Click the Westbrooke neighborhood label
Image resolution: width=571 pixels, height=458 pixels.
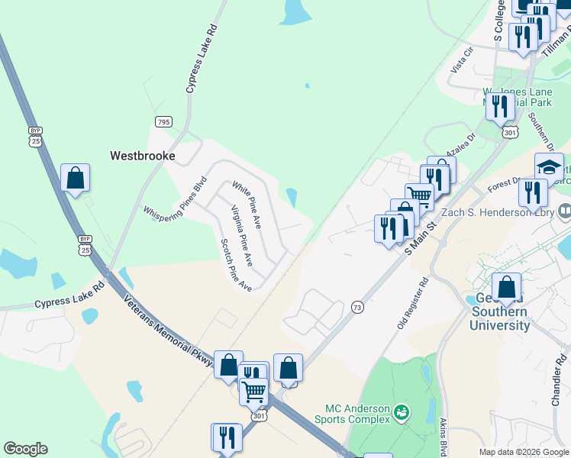(143, 156)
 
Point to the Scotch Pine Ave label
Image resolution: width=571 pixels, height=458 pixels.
(236, 265)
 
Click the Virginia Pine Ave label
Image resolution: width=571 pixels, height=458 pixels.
(242, 236)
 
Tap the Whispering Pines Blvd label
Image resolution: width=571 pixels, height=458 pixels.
(176, 199)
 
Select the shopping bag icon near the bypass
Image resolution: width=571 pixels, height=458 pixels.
(76, 178)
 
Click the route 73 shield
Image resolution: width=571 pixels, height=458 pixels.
(356, 307)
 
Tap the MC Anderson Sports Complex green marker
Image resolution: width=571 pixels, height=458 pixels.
(402, 414)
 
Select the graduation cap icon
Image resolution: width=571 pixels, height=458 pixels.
(549, 166)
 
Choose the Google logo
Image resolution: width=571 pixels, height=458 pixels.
(25, 449)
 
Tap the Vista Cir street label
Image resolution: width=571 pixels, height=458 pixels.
(463, 60)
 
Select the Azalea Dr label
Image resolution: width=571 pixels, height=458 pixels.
(460, 145)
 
